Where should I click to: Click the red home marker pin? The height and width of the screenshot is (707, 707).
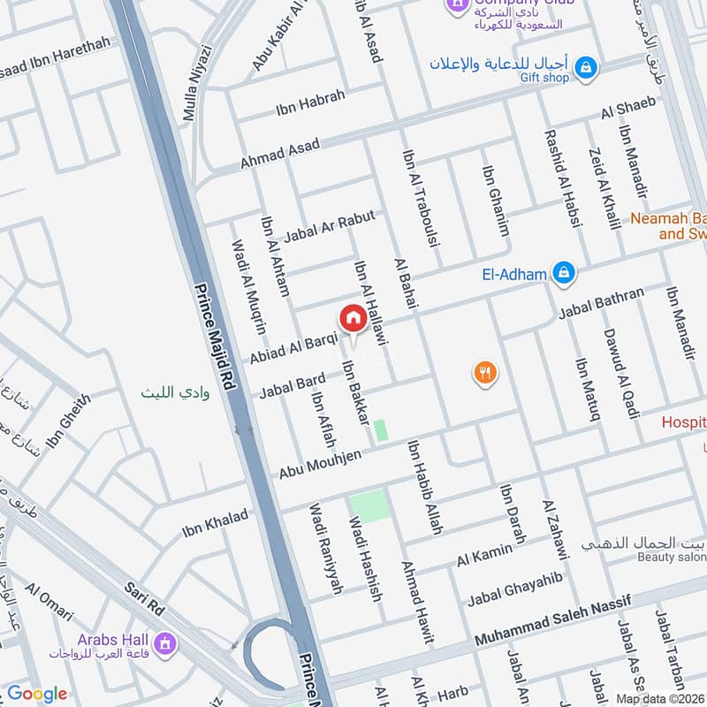click(352, 318)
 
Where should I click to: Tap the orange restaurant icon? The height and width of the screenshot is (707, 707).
click(483, 373)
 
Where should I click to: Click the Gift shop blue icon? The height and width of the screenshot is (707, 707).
click(585, 66)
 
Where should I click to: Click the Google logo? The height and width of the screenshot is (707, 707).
click(37, 694)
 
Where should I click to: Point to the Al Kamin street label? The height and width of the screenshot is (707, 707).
click(484, 556)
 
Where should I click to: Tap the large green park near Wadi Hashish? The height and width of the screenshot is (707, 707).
click(369, 506)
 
